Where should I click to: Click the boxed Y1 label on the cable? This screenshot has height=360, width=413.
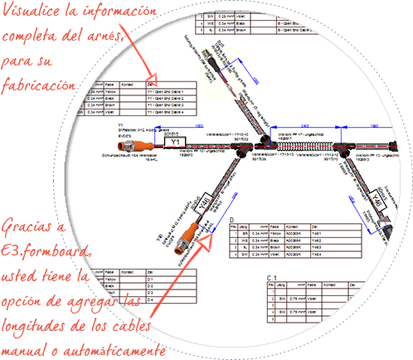coord(174,143)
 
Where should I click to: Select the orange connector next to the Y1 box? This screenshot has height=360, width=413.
coord(128,141)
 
